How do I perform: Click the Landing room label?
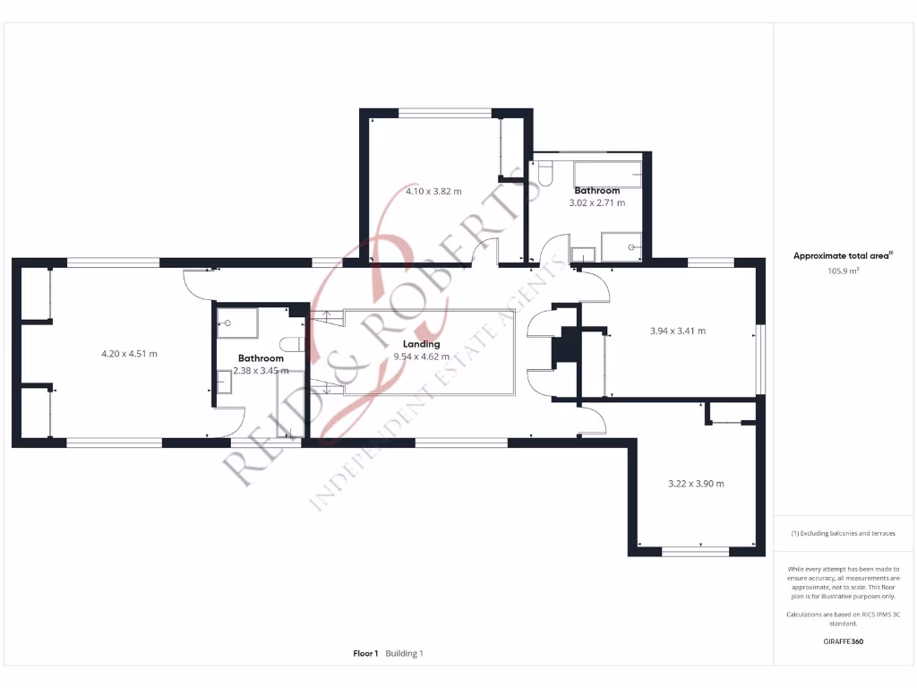421,344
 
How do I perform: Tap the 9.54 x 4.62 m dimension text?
421,357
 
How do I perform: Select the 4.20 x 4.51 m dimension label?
129,354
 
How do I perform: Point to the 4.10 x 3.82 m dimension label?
433,191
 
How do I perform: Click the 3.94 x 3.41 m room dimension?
677,331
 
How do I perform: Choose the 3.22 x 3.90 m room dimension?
696,484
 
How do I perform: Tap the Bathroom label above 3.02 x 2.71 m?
597,191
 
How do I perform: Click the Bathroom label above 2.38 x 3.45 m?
261,358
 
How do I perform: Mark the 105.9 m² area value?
843,270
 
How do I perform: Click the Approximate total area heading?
842,256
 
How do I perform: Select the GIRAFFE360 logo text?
843,641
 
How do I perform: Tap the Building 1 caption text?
405,654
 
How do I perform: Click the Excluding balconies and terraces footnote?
843,533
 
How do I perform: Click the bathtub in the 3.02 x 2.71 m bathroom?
608,174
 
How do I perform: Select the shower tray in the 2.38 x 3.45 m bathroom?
237,323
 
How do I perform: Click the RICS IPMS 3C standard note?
843,619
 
